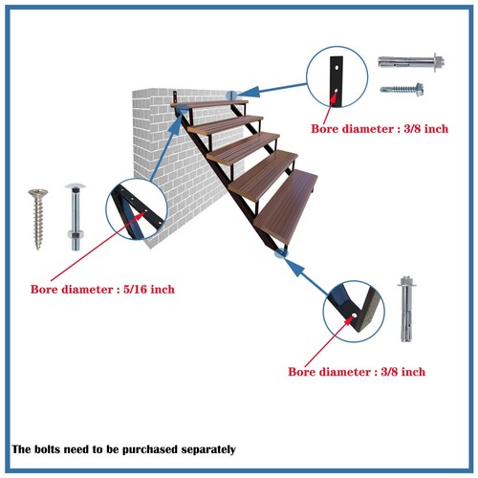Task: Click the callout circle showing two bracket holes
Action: (337, 80)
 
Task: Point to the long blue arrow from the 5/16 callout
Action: (162, 153)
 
